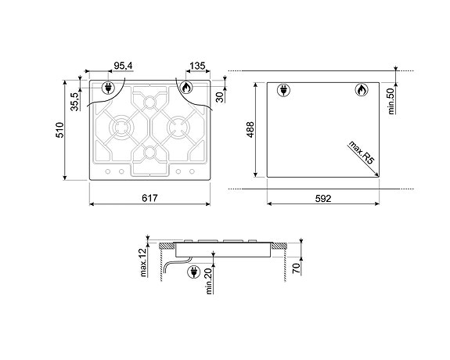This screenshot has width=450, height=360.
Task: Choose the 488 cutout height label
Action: (x=250, y=130)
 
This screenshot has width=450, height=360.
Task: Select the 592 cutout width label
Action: (x=323, y=199)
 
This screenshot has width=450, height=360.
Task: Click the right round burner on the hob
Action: (x=178, y=125)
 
